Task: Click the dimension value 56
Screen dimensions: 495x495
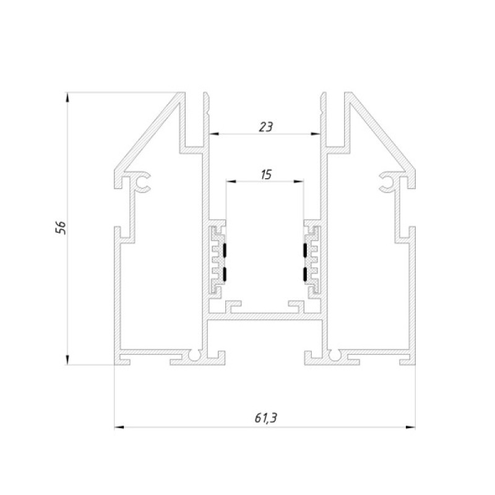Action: tap(61, 227)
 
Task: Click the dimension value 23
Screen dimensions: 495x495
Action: tap(265, 127)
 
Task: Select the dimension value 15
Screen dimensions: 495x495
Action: tap(266, 174)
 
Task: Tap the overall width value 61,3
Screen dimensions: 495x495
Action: tap(266, 418)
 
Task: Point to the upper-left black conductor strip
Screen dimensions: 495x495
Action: tap(225, 250)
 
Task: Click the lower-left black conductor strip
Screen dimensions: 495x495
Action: tap(225, 274)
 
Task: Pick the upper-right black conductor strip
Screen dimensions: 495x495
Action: tap(305, 250)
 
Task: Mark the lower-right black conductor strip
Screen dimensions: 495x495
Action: tap(305, 274)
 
